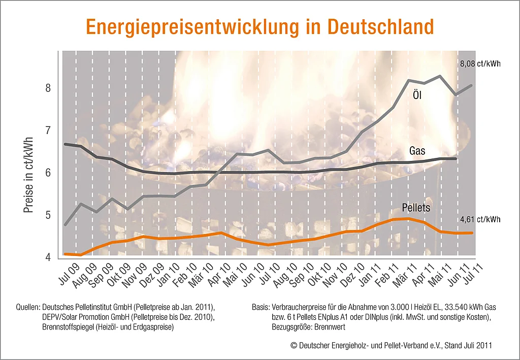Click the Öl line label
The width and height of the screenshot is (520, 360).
tap(417, 95)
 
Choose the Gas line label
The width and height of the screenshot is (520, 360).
tap(417, 151)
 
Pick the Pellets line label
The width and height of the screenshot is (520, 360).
tap(416, 208)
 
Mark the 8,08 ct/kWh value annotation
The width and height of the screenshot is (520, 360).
tap(480, 64)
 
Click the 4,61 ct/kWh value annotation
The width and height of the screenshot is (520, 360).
tap(480, 220)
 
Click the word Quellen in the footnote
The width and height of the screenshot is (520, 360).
tap(28, 308)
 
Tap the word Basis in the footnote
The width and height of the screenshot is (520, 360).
tap(261, 308)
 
